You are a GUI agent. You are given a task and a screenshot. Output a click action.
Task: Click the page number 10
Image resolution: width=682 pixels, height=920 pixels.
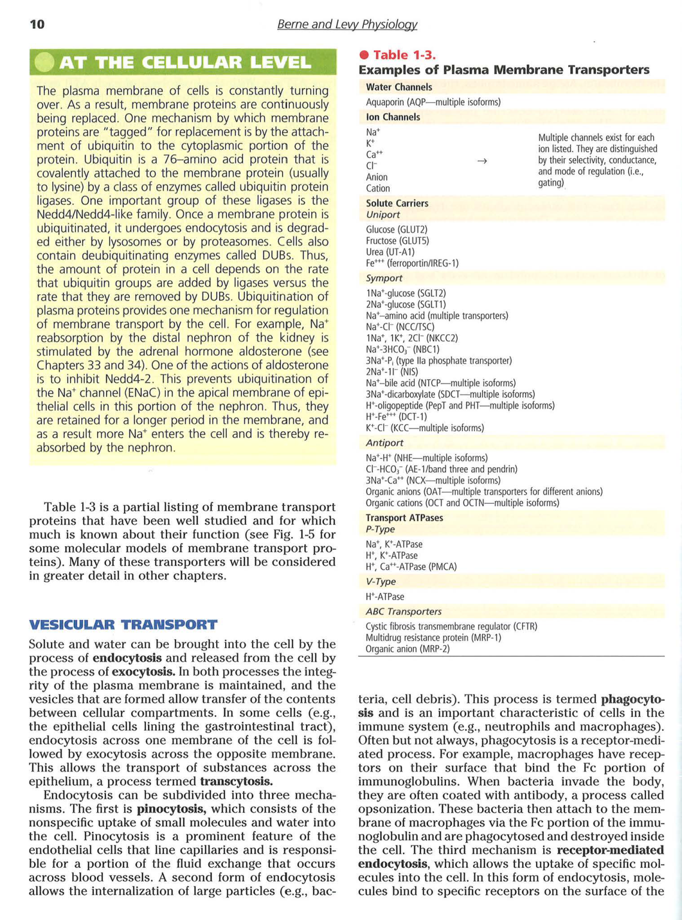(37, 24)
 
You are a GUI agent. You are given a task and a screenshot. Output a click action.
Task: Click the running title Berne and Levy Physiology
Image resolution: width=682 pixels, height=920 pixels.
(347, 25)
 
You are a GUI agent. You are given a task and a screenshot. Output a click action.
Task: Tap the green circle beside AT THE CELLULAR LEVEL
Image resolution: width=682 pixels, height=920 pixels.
(44, 62)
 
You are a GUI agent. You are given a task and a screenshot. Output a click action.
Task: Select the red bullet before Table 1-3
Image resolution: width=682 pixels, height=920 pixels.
(363, 55)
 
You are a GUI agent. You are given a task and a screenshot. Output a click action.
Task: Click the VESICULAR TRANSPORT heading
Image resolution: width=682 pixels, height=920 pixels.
(123, 625)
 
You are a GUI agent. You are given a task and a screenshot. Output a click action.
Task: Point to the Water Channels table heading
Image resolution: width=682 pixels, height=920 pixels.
(399, 87)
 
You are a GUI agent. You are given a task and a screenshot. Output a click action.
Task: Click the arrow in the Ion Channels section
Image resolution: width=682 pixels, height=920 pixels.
(481, 161)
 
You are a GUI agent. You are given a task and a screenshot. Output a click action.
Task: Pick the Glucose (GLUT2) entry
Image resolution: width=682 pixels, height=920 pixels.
(396, 229)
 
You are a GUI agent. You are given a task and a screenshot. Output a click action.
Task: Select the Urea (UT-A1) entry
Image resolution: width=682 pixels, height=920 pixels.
(390, 252)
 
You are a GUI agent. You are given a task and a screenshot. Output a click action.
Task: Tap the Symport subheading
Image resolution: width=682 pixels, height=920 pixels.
(384, 278)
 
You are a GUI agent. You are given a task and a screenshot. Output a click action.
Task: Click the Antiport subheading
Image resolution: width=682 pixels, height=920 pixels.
(384, 443)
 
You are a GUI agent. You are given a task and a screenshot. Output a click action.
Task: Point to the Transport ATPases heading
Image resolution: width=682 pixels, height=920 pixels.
(404, 517)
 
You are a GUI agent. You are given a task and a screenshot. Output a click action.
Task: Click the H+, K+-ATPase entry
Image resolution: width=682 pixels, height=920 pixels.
(392, 555)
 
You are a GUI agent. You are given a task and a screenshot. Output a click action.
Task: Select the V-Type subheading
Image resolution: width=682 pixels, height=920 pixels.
(381, 581)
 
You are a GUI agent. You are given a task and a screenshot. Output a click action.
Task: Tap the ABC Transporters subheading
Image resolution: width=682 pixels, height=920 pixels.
(404, 612)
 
